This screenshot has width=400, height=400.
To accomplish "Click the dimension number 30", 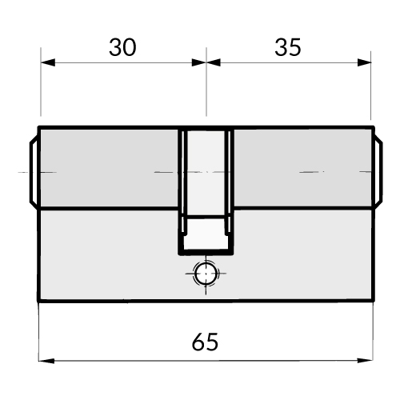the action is click(x=122, y=47).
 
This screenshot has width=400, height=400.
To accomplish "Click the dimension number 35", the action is click(x=288, y=47).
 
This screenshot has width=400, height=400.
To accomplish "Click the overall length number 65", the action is click(x=205, y=342).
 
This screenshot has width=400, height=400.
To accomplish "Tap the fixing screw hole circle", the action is click(x=206, y=274).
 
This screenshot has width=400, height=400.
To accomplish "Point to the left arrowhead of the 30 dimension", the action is click(x=48, y=62).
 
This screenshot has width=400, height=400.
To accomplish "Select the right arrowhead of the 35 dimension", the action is click(x=364, y=62).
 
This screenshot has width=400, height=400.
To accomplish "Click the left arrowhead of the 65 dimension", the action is click(x=46, y=361).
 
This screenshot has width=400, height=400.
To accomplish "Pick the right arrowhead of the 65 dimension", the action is click(x=365, y=361).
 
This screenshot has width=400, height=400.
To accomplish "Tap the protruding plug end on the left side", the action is click(x=34, y=171).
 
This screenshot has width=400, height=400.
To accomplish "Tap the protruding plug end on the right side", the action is click(x=378, y=171).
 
